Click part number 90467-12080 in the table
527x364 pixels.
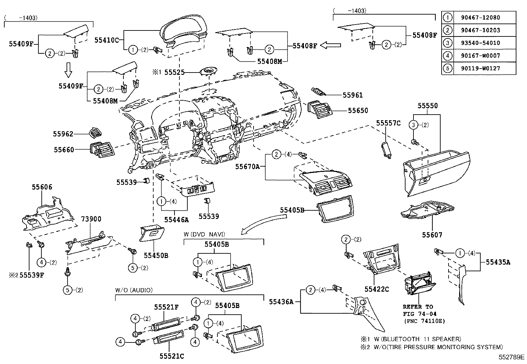[480, 18]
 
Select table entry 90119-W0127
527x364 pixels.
[480, 69]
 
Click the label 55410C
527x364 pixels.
[106, 40]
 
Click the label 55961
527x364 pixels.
[353, 95]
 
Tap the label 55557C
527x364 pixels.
[388, 123]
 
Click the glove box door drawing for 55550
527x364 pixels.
[436, 172]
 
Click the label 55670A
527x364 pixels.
[247, 167]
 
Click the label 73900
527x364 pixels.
[91, 219]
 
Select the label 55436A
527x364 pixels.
[281, 301]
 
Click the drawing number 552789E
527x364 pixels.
[512, 357]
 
